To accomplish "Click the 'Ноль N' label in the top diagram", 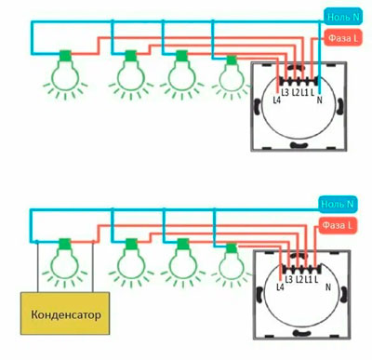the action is pyautogui.click(x=343, y=17).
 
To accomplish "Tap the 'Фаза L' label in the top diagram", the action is pyautogui.click(x=343, y=38).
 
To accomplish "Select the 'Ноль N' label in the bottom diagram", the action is pyautogui.click(x=338, y=204).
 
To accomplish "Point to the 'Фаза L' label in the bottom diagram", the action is pyautogui.click(x=338, y=225).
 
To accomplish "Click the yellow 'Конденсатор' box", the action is pyautogui.click(x=65, y=313).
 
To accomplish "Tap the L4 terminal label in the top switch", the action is pyautogui.click(x=277, y=100).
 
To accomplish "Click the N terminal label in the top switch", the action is pyautogui.click(x=320, y=100).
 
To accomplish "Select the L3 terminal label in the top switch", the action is pyautogui.click(x=286, y=92).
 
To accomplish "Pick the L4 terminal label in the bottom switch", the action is pyautogui.click(x=280, y=287).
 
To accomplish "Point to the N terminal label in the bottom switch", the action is pyautogui.click(x=328, y=287).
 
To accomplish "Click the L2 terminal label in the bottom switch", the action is pyautogui.click(x=299, y=279).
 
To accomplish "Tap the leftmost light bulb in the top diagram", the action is pyautogui.click(x=65, y=74).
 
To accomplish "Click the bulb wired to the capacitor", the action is pyautogui.click(x=64, y=262).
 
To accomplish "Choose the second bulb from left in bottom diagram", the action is pyautogui.click(x=131, y=262).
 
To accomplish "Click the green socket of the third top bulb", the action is pyautogui.click(x=182, y=56).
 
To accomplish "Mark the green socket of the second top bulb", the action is pyautogui.click(x=131, y=56).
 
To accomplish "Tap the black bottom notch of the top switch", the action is pyautogui.click(x=299, y=144).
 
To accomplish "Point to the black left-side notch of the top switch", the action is pyautogui.click(x=258, y=107).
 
